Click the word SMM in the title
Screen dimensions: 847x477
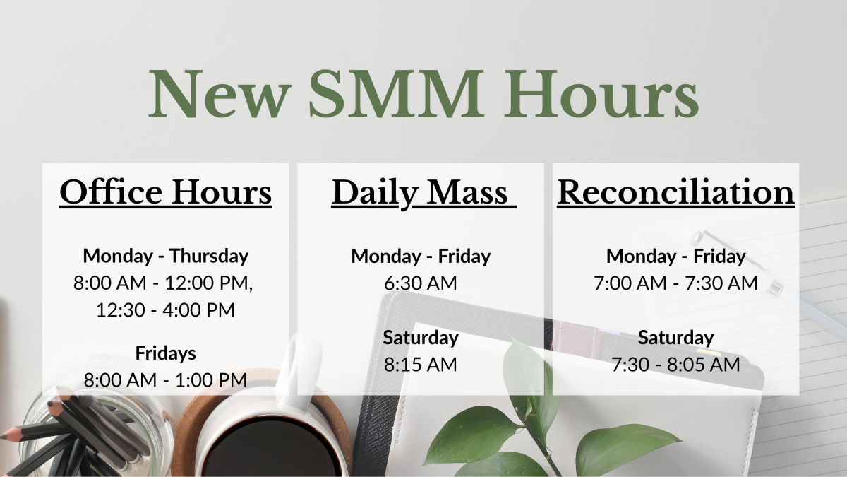point(396,93)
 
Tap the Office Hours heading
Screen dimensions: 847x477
point(166,192)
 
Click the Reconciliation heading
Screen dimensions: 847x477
point(675,192)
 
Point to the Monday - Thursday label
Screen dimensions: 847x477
point(166,256)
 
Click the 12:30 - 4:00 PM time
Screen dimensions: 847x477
point(166,310)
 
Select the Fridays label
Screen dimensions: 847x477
point(166,353)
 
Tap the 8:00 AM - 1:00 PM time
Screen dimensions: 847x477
point(166,379)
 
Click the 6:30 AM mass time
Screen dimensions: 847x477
point(421,283)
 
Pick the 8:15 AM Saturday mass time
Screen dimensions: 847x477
point(421,364)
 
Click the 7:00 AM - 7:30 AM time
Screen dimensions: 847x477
point(675,283)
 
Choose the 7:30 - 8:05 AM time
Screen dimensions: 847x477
point(675,364)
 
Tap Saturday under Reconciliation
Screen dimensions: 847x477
point(675,338)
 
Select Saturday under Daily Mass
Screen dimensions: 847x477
point(421,338)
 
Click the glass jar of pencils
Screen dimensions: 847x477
point(91,420)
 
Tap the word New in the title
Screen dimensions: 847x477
point(220,93)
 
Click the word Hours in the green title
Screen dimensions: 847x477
point(601,93)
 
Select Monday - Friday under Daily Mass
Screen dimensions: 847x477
point(421,256)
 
